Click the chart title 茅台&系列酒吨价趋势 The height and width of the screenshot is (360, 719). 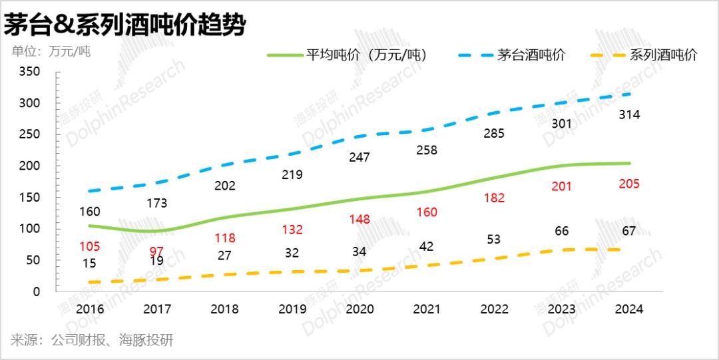(x=124, y=25)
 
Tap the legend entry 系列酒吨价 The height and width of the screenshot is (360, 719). (x=663, y=55)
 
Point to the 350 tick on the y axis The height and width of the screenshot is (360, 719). (x=30, y=71)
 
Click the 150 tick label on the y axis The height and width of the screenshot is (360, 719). (x=30, y=198)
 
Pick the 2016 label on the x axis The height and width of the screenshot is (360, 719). (x=90, y=309)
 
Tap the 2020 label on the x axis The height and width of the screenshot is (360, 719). (x=359, y=309)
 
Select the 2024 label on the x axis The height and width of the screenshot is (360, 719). (x=629, y=309)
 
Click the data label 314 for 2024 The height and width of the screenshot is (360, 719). (x=629, y=115)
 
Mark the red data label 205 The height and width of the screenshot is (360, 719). (x=629, y=184)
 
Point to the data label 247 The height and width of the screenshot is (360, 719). (x=359, y=157)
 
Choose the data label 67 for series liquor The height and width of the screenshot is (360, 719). (x=629, y=230)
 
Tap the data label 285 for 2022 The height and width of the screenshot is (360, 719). (x=494, y=133)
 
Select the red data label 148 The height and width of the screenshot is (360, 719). (x=359, y=220)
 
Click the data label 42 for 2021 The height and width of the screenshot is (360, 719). (x=427, y=246)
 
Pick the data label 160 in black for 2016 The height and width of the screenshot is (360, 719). (x=90, y=212)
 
